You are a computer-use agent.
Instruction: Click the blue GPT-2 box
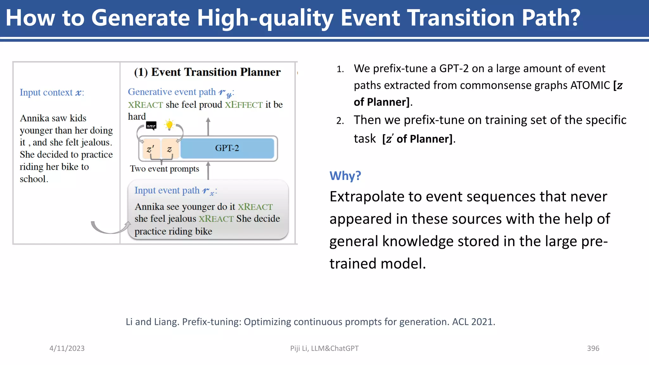click(x=227, y=148)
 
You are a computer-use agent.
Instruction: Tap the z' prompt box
click(x=151, y=149)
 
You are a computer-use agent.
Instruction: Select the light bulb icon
click(x=170, y=125)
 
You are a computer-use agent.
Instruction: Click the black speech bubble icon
click(x=151, y=126)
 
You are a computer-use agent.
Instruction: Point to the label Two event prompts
click(x=164, y=169)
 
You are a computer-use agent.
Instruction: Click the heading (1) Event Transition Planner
click(x=207, y=72)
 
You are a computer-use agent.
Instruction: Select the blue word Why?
click(x=345, y=176)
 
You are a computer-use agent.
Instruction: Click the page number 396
click(x=593, y=348)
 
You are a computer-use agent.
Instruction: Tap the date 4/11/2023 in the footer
click(x=67, y=348)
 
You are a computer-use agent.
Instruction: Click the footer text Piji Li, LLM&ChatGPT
click(x=324, y=348)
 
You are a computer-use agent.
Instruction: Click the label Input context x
click(x=52, y=93)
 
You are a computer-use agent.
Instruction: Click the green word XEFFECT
click(x=244, y=105)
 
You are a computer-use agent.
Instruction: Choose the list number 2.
click(x=340, y=121)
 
